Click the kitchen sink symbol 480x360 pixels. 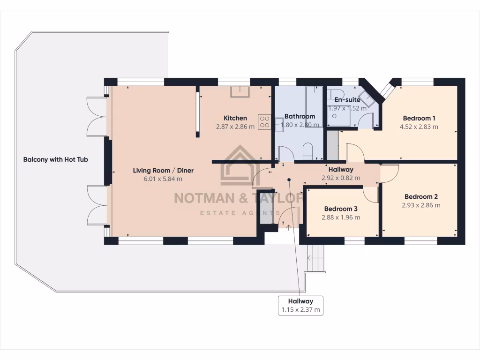pos(239,91)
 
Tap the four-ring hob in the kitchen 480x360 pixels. pos(264,122)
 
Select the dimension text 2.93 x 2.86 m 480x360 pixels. pos(421,205)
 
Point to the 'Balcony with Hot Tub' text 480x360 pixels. pos(56,159)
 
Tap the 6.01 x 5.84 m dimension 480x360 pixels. pos(163,179)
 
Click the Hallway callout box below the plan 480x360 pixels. pos(300,305)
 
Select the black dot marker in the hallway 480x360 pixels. pos(289,180)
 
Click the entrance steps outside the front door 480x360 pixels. pos(315,259)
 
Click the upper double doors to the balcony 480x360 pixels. pos(97,116)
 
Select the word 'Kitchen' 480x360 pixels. pos(235,118)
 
